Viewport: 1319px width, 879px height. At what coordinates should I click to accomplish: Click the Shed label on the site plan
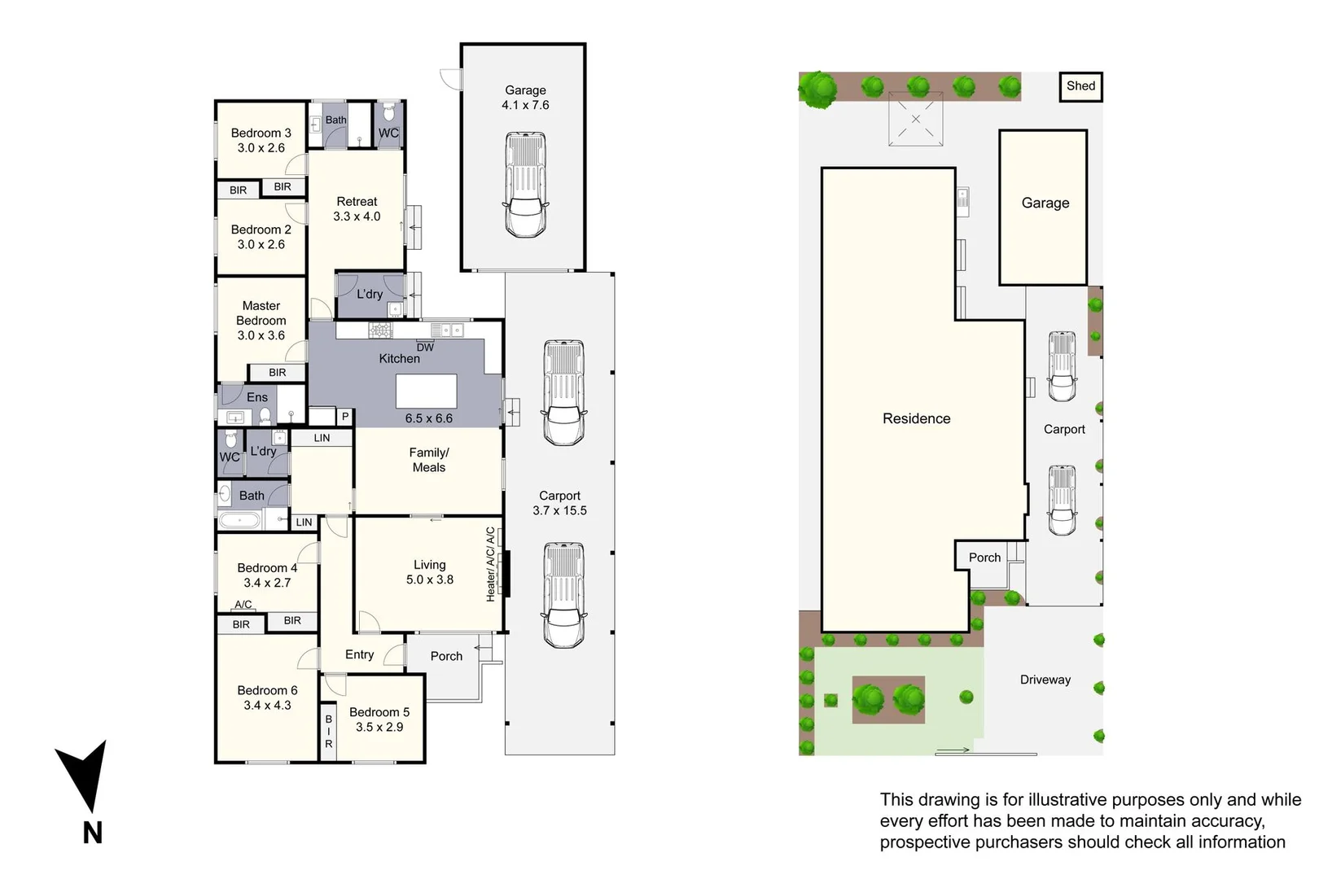point(1080,86)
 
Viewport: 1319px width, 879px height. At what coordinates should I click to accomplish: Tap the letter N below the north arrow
point(93,833)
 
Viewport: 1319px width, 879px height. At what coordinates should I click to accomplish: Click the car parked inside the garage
point(525,185)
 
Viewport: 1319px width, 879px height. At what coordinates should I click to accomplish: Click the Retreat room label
point(357,201)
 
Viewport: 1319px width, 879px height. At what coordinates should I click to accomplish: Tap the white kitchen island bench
point(427,391)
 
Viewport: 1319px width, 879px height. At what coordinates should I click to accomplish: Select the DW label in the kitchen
point(425,348)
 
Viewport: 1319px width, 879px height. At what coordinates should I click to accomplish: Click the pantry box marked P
point(345,417)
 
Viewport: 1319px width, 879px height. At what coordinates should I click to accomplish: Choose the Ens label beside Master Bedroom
point(257,397)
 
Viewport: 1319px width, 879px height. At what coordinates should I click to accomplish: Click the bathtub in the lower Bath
point(239,520)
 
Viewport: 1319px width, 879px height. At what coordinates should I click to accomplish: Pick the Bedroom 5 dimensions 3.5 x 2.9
point(379,727)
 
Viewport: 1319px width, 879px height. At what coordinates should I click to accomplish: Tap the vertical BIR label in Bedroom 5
point(329,731)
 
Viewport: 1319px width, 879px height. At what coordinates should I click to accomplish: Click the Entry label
point(359,654)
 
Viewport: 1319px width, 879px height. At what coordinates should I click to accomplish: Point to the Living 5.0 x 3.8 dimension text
point(430,580)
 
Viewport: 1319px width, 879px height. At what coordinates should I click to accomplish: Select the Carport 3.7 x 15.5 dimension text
point(559,511)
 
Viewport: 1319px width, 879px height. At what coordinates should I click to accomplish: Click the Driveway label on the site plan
point(1045,680)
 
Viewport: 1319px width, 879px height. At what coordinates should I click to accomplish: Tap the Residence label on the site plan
point(916,418)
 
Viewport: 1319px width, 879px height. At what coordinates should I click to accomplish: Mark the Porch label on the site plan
point(984,558)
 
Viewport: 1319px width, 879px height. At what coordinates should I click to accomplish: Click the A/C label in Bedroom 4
point(243,605)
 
